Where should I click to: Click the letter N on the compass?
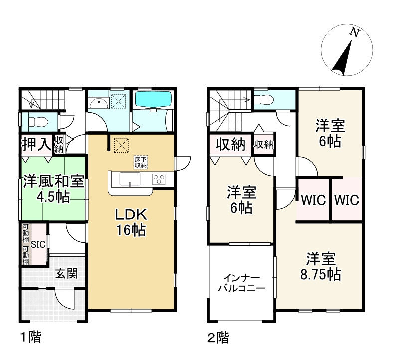[x=355, y=32]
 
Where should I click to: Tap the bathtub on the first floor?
[x=153, y=100]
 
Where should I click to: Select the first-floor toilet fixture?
[x=38, y=122]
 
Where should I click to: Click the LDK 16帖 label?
[x=131, y=222]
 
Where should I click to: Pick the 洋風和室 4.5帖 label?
[x=54, y=189]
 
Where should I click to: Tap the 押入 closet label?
[x=37, y=144]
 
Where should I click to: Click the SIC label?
[x=38, y=244]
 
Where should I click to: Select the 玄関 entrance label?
[x=67, y=274]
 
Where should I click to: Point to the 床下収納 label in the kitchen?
[x=141, y=162]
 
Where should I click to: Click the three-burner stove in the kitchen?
[x=159, y=179]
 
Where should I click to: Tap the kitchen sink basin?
[x=130, y=179]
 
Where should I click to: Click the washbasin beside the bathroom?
[x=99, y=103]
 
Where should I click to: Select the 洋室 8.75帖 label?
[x=321, y=266]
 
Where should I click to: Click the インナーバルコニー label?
[x=242, y=283]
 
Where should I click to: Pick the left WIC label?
[x=313, y=200]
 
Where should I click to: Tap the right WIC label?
[x=347, y=200]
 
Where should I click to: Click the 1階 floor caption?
[x=31, y=337]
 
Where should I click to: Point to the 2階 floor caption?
[x=218, y=338]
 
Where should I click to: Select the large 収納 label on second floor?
[x=230, y=144]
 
